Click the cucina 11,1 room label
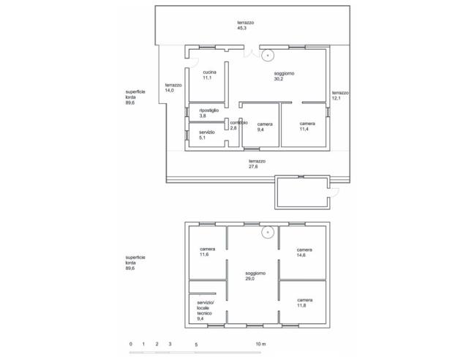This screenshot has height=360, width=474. (x=209, y=75)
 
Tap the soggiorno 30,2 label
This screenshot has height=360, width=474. (x=284, y=76)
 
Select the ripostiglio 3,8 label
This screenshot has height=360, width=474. (x=209, y=113)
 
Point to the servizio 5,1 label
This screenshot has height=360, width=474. (x=207, y=135)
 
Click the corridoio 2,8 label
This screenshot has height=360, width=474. (x=238, y=125)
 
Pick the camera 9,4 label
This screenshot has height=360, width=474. (x=265, y=127)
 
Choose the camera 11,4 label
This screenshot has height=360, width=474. (x=307, y=127)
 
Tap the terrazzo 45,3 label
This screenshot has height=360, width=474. (x=246, y=26)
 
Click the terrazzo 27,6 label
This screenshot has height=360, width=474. (x=257, y=164)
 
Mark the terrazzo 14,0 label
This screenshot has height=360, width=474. (x=173, y=88)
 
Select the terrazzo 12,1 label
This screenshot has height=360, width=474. (x=340, y=96)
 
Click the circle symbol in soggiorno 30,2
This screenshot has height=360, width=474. (x=268, y=56)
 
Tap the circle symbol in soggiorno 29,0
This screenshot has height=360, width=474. (x=268, y=233)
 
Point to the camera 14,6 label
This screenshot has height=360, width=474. (x=304, y=252)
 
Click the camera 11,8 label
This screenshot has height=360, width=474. (x=305, y=303)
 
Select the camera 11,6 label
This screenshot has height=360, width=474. (x=208, y=252)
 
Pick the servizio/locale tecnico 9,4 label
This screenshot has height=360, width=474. (x=206, y=310)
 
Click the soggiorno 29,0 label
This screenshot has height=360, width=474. (x=255, y=276)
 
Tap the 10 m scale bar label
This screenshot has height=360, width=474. (x=260, y=344)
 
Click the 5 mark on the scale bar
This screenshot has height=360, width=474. (x=196, y=345)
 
